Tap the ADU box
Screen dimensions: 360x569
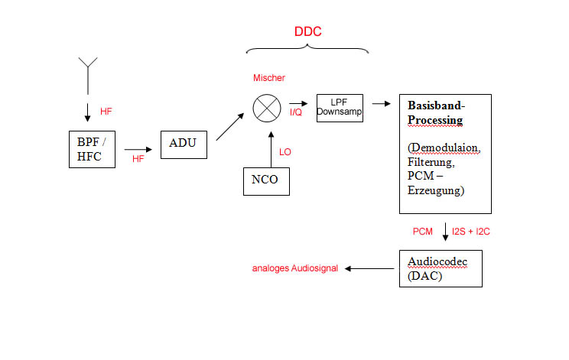(184, 143)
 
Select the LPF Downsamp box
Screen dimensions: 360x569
(340, 109)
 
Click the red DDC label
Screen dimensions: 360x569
(307, 32)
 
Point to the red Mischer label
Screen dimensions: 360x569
(268, 78)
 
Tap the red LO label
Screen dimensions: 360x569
(285, 152)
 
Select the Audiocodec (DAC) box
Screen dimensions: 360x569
(441, 268)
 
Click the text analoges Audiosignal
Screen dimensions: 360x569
(295, 269)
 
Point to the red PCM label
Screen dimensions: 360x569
(423, 231)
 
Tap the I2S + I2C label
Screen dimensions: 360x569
(471, 231)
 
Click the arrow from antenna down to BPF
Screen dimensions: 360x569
(88, 110)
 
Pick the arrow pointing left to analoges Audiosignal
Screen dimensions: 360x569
(370, 268)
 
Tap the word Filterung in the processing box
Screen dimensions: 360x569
(431, 163)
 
